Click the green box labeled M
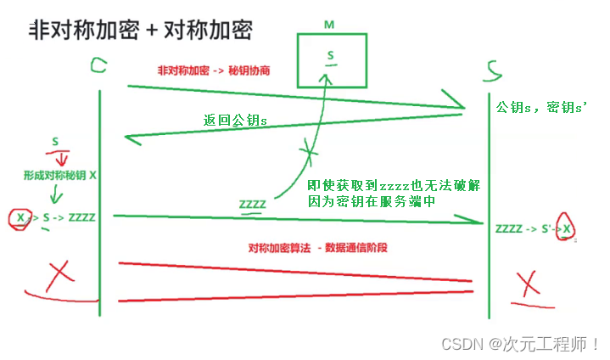(x=332, y=60)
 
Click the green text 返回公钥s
(x=235, y=121)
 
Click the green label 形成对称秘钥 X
(x=60, y=175)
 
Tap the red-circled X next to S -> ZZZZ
(x=20, y=218)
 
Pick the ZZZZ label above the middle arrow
(x=252, y=204)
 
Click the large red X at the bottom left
(x=59, y=273)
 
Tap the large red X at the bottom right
(x=528, y=282)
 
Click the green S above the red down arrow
(x=54, y=141)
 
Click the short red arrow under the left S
(x=60, y=159)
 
